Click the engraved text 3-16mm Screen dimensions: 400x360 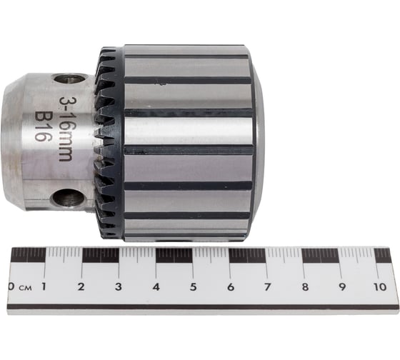pos(66,129)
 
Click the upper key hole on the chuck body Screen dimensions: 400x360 pos(69,79)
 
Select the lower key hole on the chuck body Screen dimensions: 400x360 pos(68,197)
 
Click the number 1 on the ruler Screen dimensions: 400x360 pos(44,286)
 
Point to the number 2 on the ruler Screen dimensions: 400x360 pos(81,286)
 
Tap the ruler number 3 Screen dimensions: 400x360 pos(118,286)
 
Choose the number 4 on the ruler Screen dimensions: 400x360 pos(156,286)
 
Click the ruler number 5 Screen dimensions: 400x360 pos(194,286)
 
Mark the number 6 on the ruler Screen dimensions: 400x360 pos(231,286)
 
